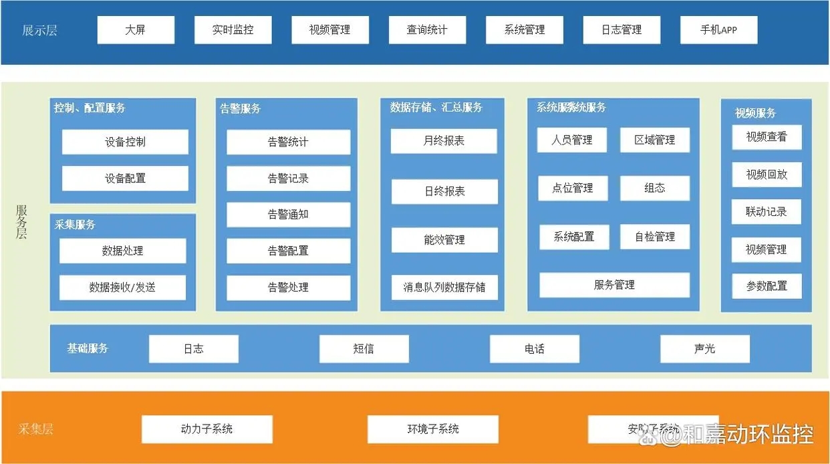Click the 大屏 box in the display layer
(136, 30)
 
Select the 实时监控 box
(233, 30)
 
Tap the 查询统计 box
(427, 30)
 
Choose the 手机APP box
(718, 30)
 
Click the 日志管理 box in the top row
(621, 30)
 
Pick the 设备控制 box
(125, 142)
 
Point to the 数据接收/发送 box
(122, 287)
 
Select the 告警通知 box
(288, 215)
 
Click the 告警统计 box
(288, 142)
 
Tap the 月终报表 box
(444, 141)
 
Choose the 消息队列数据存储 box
(444, 287)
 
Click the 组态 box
(654, 189)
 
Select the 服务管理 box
(614, 285)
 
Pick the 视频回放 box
(767, 175)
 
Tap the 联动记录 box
(767, 212)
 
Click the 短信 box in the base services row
(364, 349)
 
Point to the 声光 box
(704, 349)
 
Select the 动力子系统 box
(206, 429)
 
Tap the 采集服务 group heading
(76, 225)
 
